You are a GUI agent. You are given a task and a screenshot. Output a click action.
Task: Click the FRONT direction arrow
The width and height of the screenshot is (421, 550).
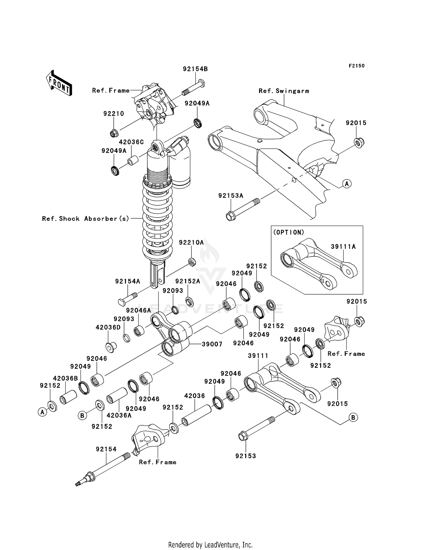coord(59,83)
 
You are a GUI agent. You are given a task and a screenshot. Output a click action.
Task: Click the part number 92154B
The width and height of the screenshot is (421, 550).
coord(195,69)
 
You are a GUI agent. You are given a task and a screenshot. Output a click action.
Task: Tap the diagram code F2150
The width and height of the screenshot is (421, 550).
coord(356,66)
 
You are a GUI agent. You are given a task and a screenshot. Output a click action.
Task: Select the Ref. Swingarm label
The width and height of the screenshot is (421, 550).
coord(284,91)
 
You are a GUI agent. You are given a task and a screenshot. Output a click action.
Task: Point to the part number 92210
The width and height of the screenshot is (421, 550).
coord(114,114)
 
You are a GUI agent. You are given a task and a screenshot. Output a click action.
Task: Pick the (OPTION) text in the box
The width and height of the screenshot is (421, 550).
coord(289,232)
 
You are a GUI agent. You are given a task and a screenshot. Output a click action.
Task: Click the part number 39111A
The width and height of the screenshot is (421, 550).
coord(343,246)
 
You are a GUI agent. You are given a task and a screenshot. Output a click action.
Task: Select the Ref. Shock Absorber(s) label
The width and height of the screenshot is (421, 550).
coord(86,218)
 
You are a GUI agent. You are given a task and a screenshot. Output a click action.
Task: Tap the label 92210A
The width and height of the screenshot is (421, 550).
coord(191,242)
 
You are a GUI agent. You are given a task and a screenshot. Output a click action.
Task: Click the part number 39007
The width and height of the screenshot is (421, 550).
coord(212,344)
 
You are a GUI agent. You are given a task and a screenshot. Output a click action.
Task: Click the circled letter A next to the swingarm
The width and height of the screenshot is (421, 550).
coord(347,184)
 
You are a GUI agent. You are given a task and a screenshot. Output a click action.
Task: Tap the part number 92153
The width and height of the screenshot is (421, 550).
coord(246,456)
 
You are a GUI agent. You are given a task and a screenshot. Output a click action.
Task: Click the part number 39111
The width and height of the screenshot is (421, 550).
coord(258,355)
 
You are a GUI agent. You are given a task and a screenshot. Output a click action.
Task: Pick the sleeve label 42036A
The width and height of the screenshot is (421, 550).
coord(119,415)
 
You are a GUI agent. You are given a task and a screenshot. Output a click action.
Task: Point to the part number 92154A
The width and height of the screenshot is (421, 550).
coord(127,281)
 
